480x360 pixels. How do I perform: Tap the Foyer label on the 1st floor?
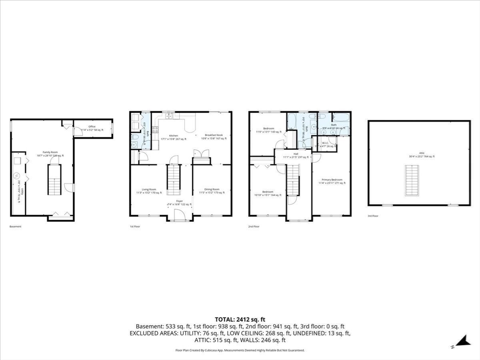point(180,202)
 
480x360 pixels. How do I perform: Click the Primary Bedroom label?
point(331,181)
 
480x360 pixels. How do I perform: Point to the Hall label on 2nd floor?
point(296,155)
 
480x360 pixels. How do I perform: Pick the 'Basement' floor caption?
point(15,226)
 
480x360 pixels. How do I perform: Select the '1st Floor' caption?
point(135,226)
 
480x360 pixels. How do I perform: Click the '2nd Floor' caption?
point(254,226)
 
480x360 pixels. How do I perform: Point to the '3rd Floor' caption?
point(373,216)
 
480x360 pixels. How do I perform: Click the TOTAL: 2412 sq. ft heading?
point(240,319)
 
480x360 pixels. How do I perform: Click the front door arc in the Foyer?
point(179,215)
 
